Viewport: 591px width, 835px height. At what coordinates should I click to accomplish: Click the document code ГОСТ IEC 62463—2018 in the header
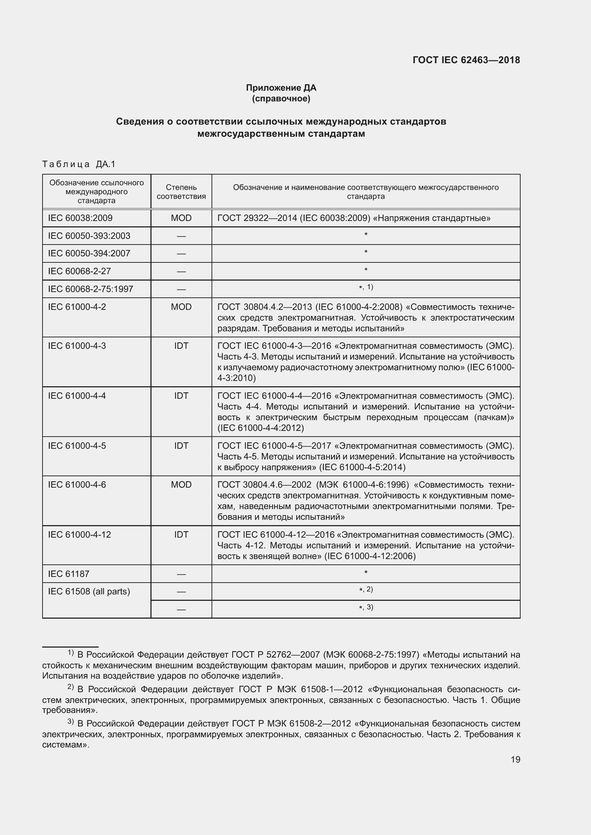(x=466, y=60)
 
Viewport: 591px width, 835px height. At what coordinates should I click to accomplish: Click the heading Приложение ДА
(x=281, y=88)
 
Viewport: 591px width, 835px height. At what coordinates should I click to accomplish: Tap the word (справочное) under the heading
(x=281, y=99)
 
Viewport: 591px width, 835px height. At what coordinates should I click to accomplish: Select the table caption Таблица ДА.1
(x=79, y=164)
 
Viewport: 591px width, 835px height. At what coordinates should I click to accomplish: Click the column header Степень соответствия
(x=181, y=192)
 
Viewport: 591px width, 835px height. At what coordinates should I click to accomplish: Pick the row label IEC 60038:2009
(x=80, y=218)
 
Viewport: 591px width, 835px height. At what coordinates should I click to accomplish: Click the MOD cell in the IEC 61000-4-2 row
(x=181, y=307)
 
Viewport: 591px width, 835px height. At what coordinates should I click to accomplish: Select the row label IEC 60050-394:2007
(x=89, y=253)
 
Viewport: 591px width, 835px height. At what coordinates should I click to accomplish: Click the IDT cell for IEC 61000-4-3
(x=181, y=346)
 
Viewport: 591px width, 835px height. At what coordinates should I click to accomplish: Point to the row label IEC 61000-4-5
(x=77, y=446)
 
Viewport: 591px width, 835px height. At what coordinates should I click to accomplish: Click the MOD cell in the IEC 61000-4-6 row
(x=181, y=485)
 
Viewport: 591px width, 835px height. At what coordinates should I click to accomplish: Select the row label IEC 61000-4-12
(x=79, y=535)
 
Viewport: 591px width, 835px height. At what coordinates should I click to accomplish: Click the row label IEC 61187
(x=68, y=574)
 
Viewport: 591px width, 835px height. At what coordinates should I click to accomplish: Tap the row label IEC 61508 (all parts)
(x=89, y=592)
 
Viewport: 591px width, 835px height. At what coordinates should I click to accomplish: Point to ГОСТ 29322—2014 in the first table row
(x=257, y=218)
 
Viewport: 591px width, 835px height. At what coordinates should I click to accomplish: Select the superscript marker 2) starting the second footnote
(x=71, y=687)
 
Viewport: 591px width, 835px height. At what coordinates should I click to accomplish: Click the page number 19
(x=515, y=760)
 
